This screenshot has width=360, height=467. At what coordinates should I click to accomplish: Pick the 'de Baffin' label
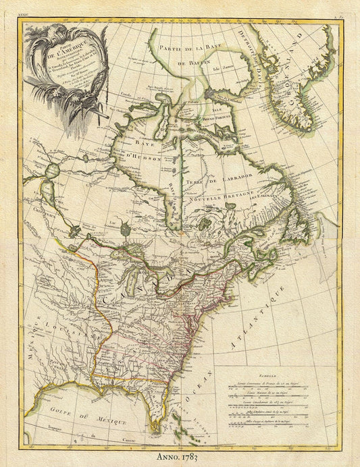[196, 61]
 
